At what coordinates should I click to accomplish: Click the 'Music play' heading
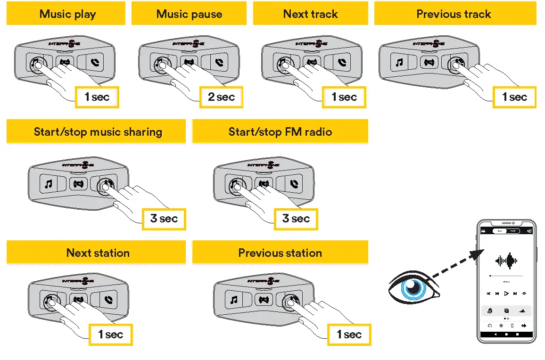coord(67,14)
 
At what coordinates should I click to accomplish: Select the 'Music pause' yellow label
coord(189,14)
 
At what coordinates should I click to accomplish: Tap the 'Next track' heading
coord(310,14)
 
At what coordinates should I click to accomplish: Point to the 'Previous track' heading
coord(454,14)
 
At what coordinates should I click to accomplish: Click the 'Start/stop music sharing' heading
coord(98,132)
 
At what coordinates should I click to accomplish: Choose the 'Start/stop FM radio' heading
coord(280,132)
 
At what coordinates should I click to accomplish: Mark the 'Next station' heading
coord(98,253)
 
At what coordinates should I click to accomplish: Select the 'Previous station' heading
coord(280,253)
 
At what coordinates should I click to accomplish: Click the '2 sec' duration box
coord(221,98)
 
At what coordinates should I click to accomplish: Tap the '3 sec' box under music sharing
coord(164,219)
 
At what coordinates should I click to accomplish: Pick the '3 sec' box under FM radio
coord(296,219)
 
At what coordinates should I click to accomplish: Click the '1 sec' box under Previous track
coord(514,98)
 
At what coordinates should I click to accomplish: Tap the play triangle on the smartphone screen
coord(506,294)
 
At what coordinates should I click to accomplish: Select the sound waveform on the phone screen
coord(506,260)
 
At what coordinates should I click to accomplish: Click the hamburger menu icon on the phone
coord(483,231)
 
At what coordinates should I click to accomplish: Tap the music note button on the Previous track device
coord(399,62)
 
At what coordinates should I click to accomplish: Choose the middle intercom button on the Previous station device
coord(264,299)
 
